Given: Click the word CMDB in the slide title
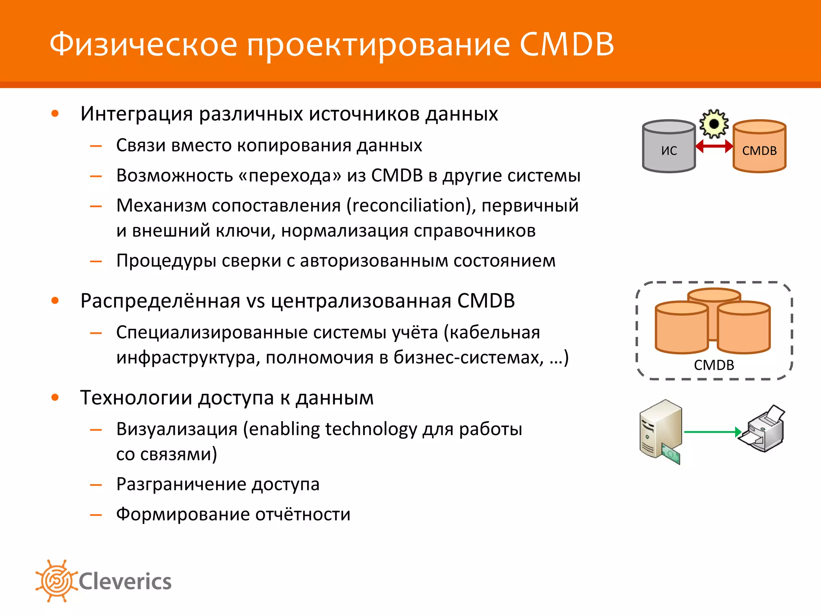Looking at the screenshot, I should pos(567,44).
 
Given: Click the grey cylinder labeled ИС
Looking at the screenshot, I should pos(669,147).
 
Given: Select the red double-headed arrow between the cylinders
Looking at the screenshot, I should pos(714,146).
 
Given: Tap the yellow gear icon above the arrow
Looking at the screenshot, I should pos(714,124).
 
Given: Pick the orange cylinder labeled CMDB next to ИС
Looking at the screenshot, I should pos(759,147).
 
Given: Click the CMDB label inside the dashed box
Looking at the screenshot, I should pos(714,365).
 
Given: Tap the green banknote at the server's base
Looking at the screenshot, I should pos(671,454).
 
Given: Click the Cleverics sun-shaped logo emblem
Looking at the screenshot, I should pos(56,581).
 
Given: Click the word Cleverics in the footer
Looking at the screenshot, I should pos(125,582).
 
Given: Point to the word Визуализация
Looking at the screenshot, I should pos(177,429).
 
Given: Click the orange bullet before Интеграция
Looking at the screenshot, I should pos(55,114).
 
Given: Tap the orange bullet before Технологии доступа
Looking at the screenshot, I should pos(55,397).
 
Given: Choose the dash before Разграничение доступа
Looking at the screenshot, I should pos(96,485).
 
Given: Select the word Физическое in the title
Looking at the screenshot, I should pos(143,44).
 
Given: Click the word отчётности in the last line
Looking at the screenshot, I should pos(303,515).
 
